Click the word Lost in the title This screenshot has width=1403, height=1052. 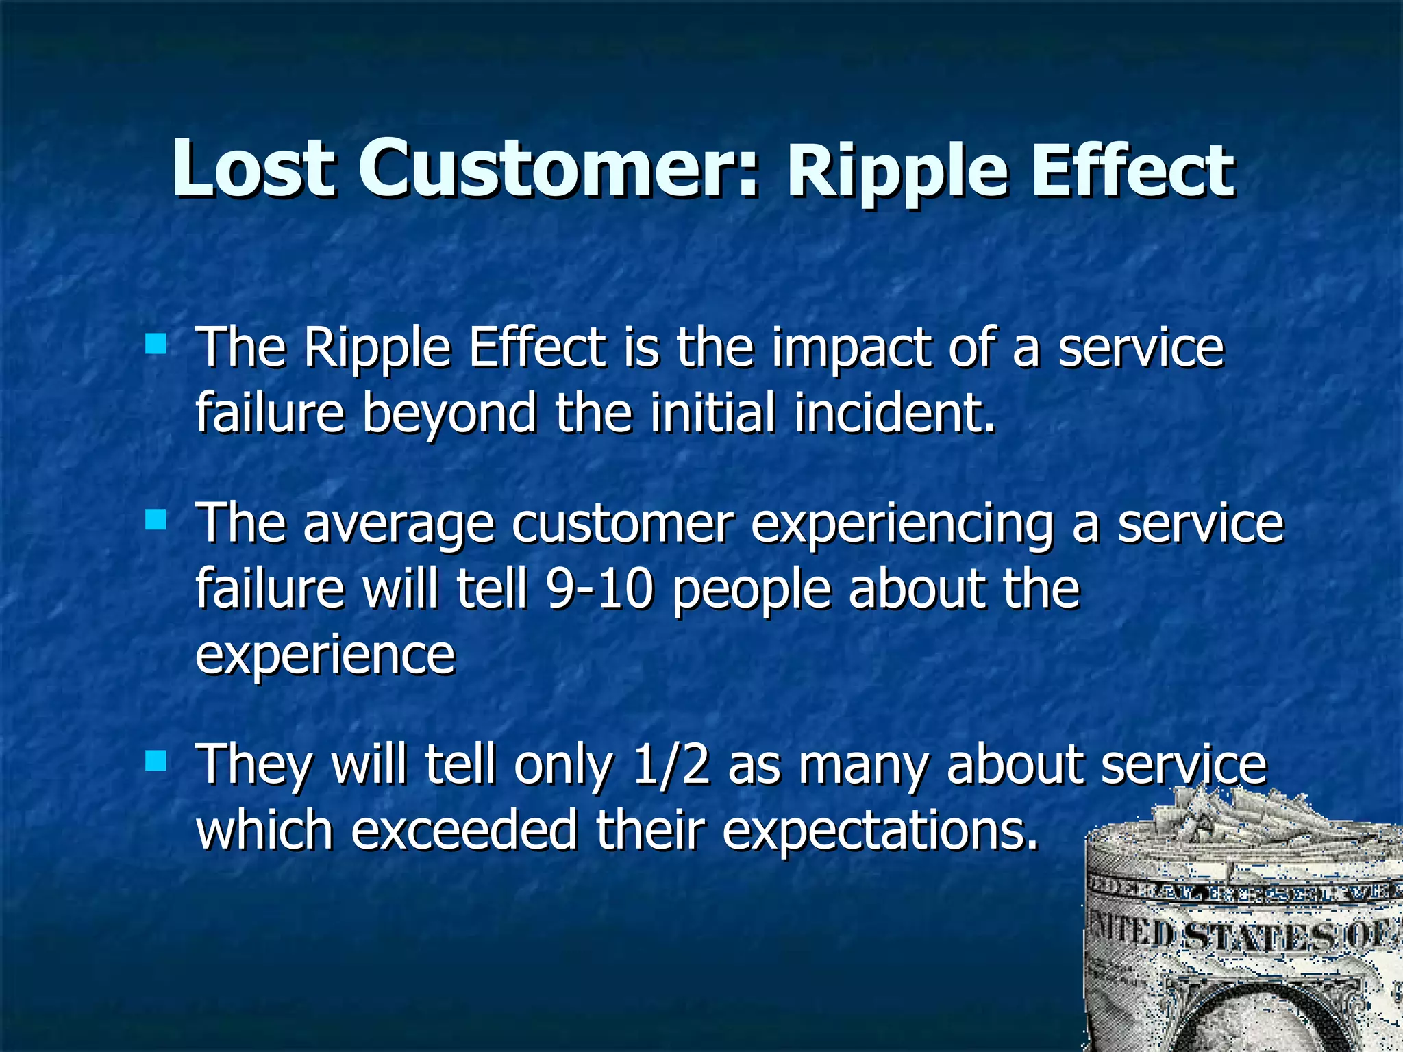point(253,168)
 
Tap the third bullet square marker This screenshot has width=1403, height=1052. point(156,760)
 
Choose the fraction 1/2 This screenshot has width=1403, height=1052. point(671,766)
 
